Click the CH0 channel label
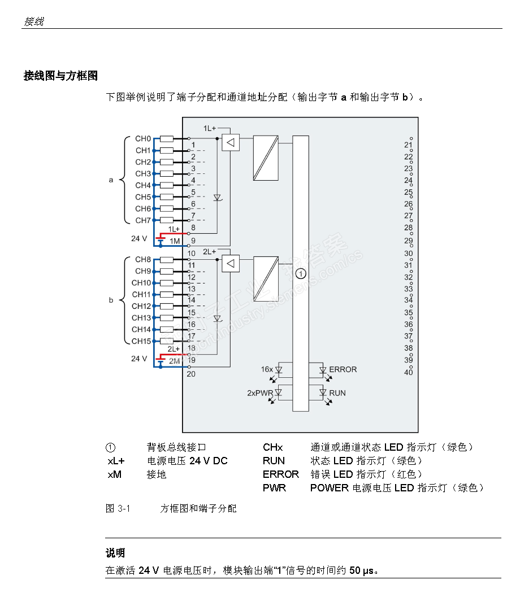[x=143, y=138]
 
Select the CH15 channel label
[x=141, y=341]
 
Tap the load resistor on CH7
[x=167, y=220]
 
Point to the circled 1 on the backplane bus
[x=301, y=274]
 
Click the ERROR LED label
[x=343, y=369]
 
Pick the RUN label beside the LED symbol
[x=337, y=393]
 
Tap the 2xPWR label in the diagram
[x=260, y=393]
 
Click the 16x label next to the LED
[x=267, y=369]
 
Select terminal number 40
[x=409, y=372]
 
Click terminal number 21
[x=409, y=145]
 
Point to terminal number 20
[x=191, y=373]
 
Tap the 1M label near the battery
[x=174, y=241]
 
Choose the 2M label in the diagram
[x=174, y=360]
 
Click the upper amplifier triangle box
[x=230, y=142]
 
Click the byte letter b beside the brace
[x=111, y=300]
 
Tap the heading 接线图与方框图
[x=61, y=76]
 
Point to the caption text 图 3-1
[x=118, y=508]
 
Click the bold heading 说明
[x=115, y=552]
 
